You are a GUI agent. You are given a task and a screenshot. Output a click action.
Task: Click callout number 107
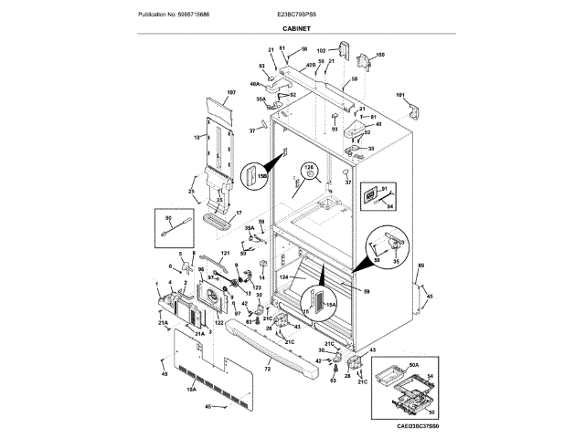[231, 94]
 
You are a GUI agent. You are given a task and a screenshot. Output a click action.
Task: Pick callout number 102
[322, 50]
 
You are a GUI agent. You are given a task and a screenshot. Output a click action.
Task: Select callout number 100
[380, 55]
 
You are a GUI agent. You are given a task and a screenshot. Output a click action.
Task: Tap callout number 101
[399, 96]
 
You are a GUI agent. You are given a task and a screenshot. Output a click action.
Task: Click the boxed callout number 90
[168, 218]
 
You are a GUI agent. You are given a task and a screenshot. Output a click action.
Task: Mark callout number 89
[420, 266]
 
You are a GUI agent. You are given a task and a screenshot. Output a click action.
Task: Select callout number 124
[283, 276]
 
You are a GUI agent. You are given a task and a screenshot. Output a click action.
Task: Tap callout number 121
[224, 253]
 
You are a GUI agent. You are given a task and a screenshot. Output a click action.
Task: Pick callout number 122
[219, 322]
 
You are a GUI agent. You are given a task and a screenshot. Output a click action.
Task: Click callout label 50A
[413, 364]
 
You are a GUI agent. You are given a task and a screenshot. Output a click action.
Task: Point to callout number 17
[239, 213]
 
